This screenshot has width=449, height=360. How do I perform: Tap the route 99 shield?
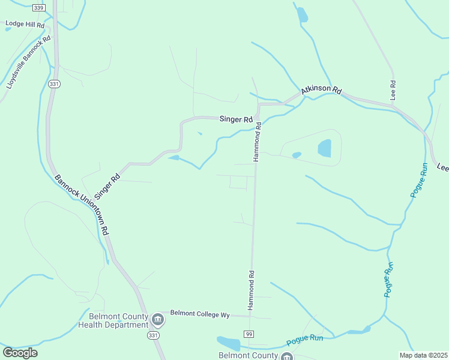pos(248,333)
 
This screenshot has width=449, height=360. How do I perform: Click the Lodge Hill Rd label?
pos(25,25)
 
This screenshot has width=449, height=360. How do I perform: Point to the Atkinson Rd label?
pos(321,89)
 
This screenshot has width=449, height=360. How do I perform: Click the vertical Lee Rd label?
pos(393,90)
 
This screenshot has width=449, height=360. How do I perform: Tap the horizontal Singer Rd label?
pos(236,119)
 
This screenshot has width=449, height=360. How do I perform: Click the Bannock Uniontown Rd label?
pos(82,205)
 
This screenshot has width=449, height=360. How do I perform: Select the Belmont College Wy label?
pos(200,313)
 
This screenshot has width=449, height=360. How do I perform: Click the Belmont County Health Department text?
pos(113,320)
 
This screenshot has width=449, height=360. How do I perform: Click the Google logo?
pos(20,353)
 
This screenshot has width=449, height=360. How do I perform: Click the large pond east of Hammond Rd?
pos(324,148)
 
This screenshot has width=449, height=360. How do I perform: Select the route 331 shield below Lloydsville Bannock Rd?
pos(55,84)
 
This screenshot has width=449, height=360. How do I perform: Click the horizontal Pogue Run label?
pos(304,340)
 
